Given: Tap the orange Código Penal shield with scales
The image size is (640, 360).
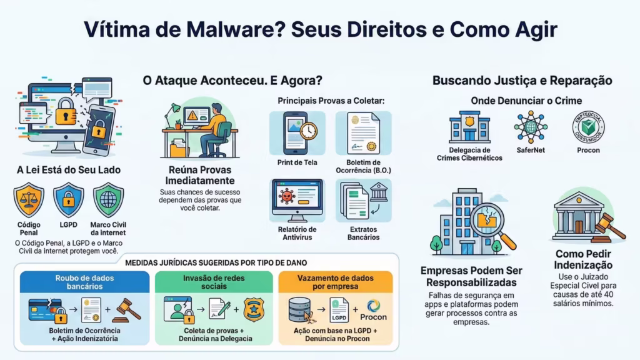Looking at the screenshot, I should pos(29,199).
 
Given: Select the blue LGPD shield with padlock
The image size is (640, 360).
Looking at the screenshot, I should pos(68,199).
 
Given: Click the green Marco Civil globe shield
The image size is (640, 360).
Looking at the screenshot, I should pos(108,199).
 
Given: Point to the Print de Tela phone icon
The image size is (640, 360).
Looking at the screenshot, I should pos(296,133).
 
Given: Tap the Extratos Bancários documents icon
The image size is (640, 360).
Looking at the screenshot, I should pos(363,200).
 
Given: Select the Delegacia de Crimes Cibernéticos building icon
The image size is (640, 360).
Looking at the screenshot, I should pos(469,127).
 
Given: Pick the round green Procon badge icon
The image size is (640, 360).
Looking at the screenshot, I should pos(588,127).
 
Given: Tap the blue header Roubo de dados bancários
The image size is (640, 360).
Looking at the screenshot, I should pos(84,282).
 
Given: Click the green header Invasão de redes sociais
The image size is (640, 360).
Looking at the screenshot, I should pos(214,282).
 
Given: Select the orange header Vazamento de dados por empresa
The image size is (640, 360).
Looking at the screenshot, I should pos(336,282).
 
